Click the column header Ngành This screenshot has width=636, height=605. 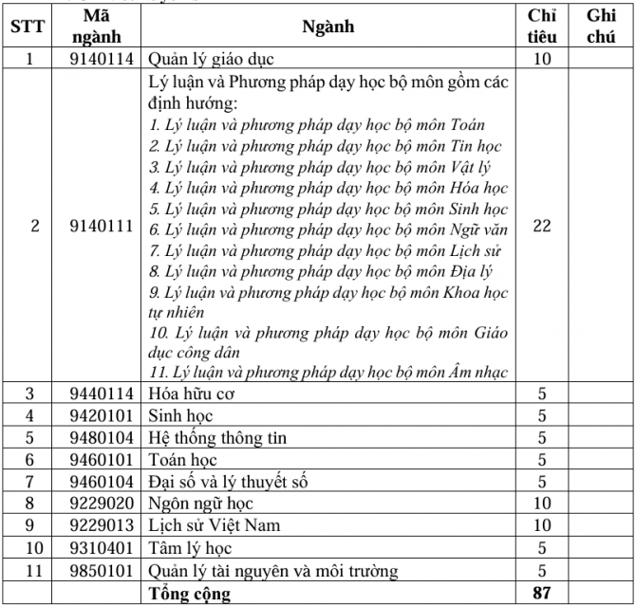tap(327, 26)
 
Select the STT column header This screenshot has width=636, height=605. tap(28, 26)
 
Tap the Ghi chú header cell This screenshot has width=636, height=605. tap(602, 26)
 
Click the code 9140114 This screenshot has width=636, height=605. tap(102, 58)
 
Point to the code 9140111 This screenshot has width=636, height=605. tap(102, 228)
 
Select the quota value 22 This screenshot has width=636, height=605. tap(542, 228)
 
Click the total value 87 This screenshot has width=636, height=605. tap(542, 595)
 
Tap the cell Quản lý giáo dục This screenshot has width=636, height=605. tap(213, 58)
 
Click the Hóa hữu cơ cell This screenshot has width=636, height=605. tap(191, 394)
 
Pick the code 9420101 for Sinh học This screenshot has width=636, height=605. tap(102, 415)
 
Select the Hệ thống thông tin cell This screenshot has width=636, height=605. tap(217, 437)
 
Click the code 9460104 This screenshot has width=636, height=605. tap(102, 482)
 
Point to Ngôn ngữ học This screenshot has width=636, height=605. tap(200, 504)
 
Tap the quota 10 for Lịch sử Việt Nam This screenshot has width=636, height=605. tap(542, 525)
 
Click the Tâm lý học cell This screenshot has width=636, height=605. tap(191, 548)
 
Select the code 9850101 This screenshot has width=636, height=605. tap(102, 570)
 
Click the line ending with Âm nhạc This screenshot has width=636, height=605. tap(328, 371)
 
